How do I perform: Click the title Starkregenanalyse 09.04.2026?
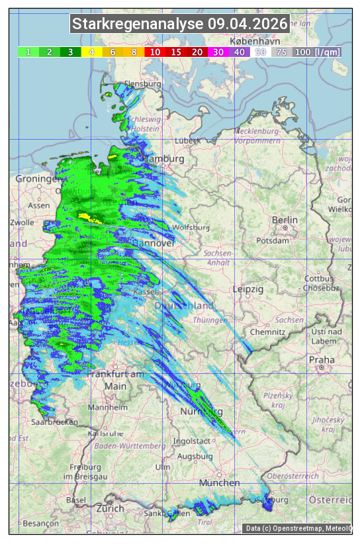[x=180, y=24]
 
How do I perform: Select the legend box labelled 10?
[x=155, y=52]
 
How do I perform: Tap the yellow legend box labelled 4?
[x=91, y=52]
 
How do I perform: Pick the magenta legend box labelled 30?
[x=218, y=52]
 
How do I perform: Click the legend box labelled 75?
[x=281, y=52]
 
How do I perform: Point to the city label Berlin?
[x=285, y=220]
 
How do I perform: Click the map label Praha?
[x=322, y=360]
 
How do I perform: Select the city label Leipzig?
[x=248, y=289]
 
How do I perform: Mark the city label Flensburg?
[x=143, y=85]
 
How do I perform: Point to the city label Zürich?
[x=110, y=508]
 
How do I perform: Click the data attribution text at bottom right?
[x=298, y=528]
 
